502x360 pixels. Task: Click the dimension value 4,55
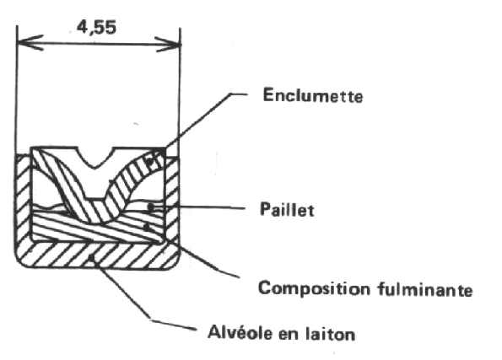[x=96, y=28]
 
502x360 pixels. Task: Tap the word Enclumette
[x=313, y=95]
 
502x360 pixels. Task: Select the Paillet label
[x=287, y=210]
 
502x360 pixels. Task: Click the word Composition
[x=314, y=288]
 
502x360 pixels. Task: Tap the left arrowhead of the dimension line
[x=30, y=42]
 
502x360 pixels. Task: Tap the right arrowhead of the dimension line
[x=168, y=44]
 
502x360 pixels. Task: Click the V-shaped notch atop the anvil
[x=94, y=158]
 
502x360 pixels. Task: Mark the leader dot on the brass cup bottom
[x=92, y=256]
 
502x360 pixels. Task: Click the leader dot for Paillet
[x=150, y=207]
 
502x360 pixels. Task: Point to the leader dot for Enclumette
[x=150, y=162]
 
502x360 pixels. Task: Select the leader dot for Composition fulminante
[x=146, y=227]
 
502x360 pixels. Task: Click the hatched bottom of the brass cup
[x=98, y=255]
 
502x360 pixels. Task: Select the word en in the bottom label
[x=289, y=334]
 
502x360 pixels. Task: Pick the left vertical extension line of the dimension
[x=16, y=90]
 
